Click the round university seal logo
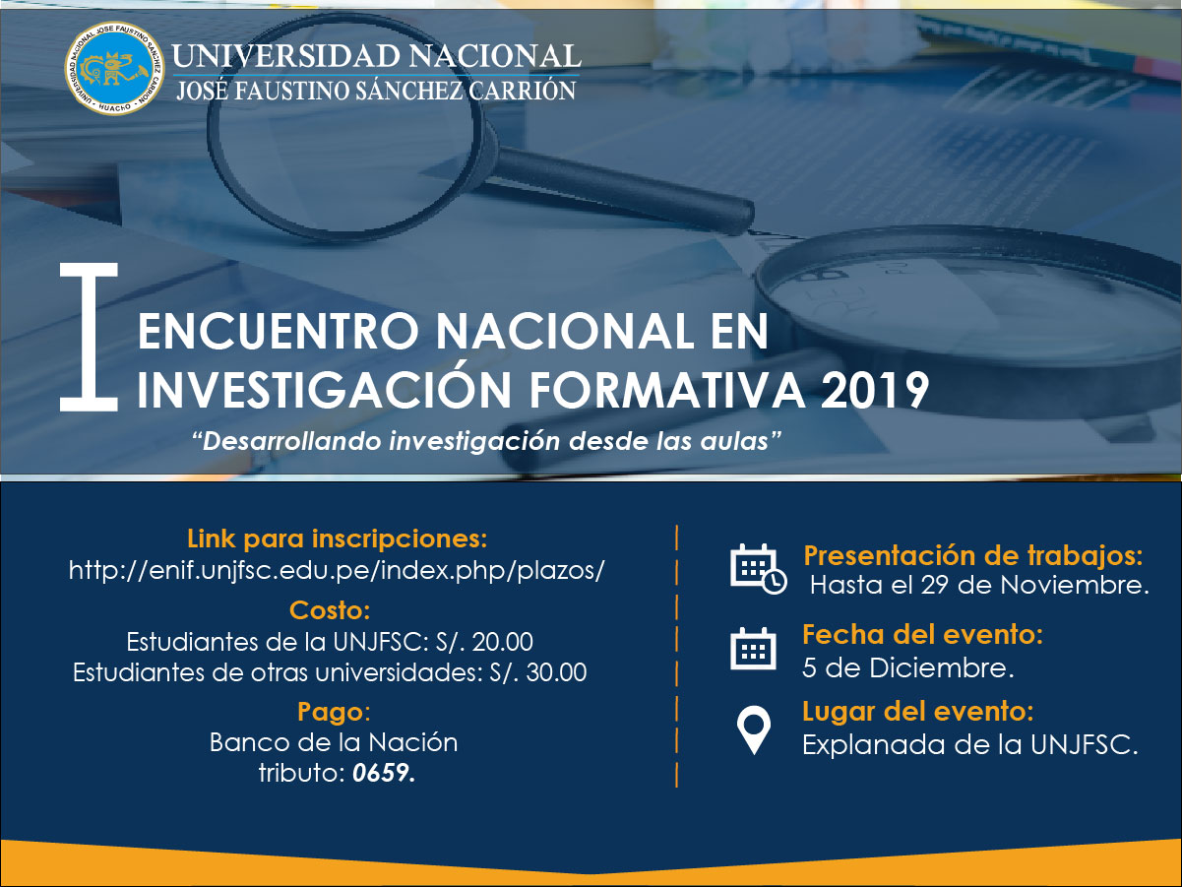click(114, 68)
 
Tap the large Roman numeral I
click(89, 337)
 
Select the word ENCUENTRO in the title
click(279, 331)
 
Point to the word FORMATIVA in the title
click(667, 390)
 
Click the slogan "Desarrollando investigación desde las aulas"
click(487, 440)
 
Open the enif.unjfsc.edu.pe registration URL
click(338, 570)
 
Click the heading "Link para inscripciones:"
click(338, 539)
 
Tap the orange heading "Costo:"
click(330, 610)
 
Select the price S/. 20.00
click(484, 642)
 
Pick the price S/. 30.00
click(538, 672)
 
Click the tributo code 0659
click(384, 773)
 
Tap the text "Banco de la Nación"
click(334, 742)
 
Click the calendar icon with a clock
click(758, 569)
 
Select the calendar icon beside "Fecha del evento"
click(753, 649)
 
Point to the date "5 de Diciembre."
click(907, 667)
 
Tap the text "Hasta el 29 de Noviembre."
click(979, 585)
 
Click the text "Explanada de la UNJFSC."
click(970, 745)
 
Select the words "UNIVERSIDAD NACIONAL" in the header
click(376, 55)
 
